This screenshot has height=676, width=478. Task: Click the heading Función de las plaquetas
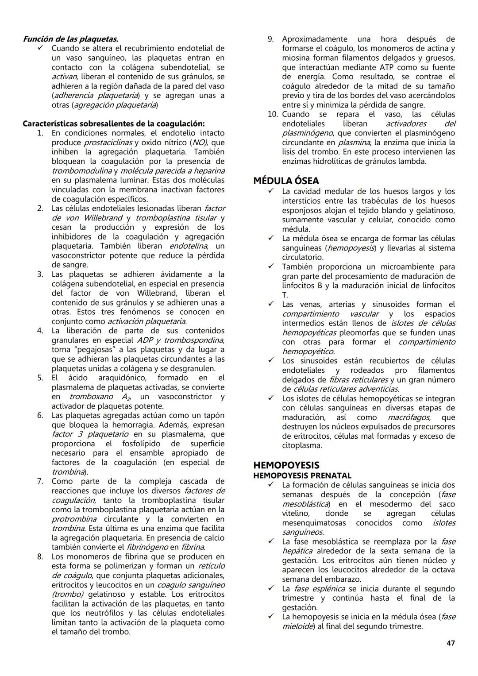tap(70, 39)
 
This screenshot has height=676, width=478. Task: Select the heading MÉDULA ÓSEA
tap(286, 181)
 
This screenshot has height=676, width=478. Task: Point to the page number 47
tap(450, 643)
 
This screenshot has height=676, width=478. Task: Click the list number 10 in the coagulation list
tap(272, 114)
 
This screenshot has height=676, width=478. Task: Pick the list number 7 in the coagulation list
tap(40, 481)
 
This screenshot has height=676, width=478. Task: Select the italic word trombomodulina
tap(81, 171)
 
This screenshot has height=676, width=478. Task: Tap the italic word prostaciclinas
tap(108, 143)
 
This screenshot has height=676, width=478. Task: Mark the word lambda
tap(413, 161)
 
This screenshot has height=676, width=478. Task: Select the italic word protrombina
tap(74, 519)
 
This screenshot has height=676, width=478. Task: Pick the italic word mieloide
tap(297, 626)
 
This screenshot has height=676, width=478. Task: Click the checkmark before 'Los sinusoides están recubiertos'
tap(271, 360)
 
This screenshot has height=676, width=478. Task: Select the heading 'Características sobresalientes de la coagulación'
tap(113, 124)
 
